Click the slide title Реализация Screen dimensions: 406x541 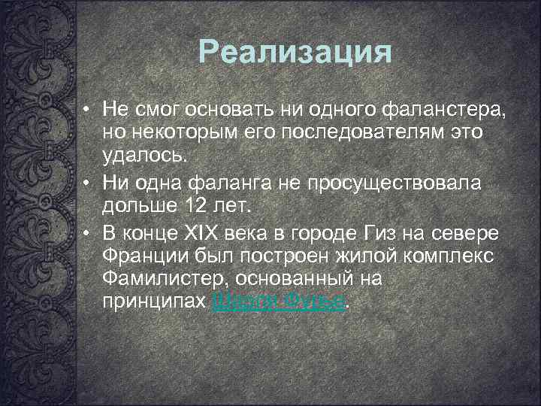tap(295, 53)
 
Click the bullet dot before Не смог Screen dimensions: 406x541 tap(88, 110)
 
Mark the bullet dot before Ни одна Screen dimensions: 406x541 tap(88, 183)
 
